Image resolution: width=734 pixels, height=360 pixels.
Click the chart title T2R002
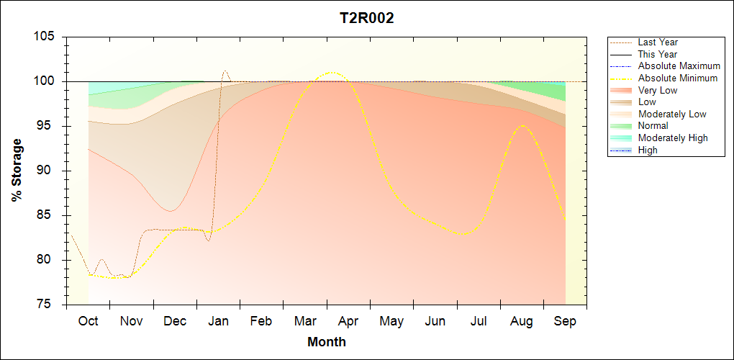tap(367, 19)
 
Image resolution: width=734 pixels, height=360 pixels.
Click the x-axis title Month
tap(327, 342)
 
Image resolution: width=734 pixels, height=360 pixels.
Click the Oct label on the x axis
tap(88, 321)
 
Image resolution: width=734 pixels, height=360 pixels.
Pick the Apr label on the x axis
tap(348, 321)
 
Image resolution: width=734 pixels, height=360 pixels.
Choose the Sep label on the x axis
tap(565, 321)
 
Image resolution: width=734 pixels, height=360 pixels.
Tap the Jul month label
tap(479, 321)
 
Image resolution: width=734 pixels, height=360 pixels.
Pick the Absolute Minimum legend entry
tap(677, 78)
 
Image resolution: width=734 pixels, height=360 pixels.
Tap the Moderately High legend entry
tap(673, 138)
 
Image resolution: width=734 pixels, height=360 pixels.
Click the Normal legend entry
tap(653, 126)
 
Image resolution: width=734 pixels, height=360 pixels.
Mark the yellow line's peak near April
tap(332, 72)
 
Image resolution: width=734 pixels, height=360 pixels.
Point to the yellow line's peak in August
tap(522, 125)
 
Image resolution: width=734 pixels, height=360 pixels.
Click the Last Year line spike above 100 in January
tap(225, 71)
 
